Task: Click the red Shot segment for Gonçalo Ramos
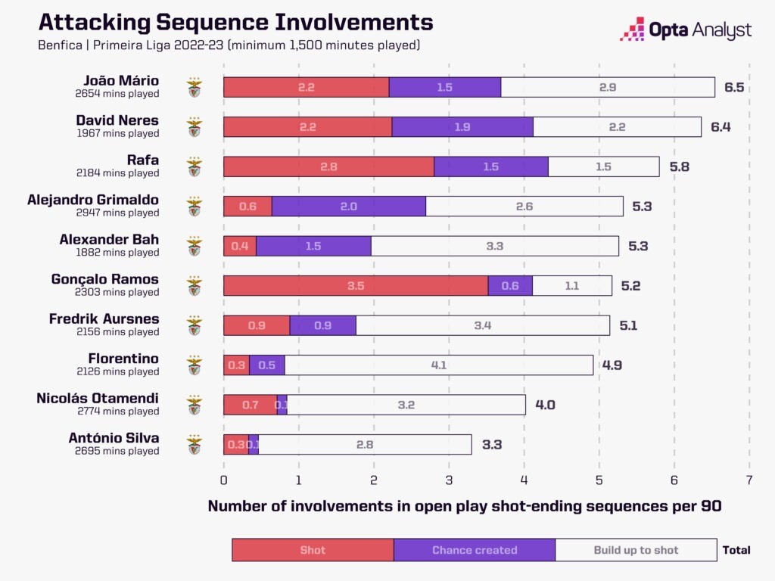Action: tap(356, 285)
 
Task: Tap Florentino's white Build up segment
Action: tap(439, 365)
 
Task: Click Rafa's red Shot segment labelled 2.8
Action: tap(328, 166)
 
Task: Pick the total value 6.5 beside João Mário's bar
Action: tap(734, 87)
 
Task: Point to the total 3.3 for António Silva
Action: tap(492, 444)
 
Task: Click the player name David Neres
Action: tap(117, 120)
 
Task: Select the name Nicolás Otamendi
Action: tap(98, 398)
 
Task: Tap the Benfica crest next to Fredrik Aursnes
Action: tap(195, 325)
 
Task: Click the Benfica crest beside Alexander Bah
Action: tap(195, 246)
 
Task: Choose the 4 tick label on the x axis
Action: tap(524, 480)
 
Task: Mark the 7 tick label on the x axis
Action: tap(749, 480)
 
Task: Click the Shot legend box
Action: tap(313, 550)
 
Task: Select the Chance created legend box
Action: tap(475, 550)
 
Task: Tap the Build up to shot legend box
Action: tap(636, 550)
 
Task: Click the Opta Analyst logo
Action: tap(686, 30)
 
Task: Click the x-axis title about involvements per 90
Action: tap(465, 507)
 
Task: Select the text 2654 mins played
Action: tap(117, 94)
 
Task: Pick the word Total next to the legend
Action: tap(736, 550)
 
